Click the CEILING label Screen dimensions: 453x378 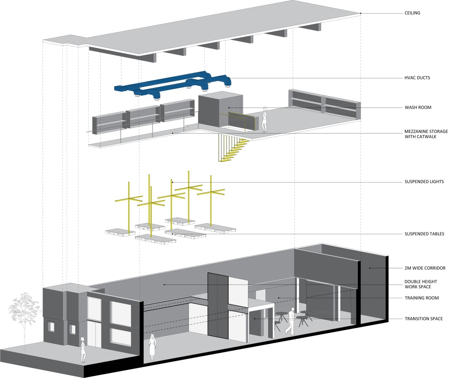[412, 13]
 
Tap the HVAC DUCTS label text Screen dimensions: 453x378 [417, 78]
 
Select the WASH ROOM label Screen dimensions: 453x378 [418, 107]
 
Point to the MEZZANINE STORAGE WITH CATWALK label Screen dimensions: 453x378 [426, 134]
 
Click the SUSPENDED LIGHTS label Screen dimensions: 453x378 [424, 182]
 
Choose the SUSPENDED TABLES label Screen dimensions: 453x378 [424, 234]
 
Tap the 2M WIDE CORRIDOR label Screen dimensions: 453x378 [425, 268]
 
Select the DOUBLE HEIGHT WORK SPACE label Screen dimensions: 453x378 [421, 284]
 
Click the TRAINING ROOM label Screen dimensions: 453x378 [421, 298]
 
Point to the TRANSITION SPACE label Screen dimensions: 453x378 [424, 319]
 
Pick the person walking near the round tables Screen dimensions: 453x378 [291, 321]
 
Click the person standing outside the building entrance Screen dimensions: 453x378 [83, 349]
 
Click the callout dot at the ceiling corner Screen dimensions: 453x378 [361, 13]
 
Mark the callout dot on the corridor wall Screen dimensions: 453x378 [370, 268]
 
